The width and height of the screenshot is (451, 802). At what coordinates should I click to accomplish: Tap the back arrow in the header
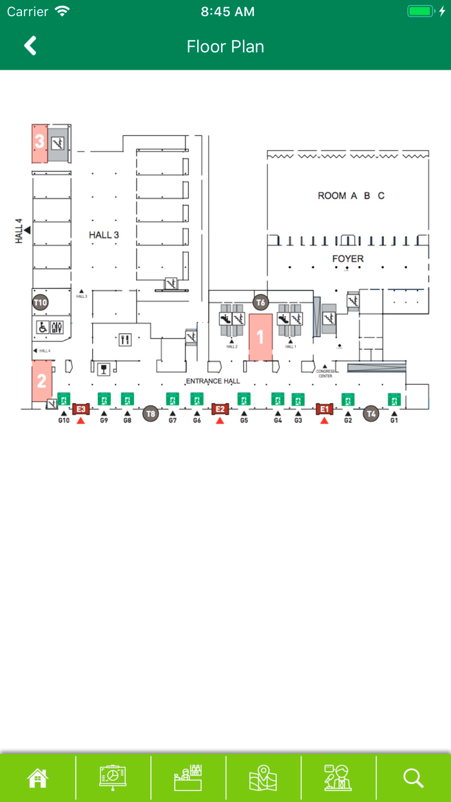pos(30,46)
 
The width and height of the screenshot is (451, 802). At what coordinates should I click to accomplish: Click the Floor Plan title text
pos(225,46)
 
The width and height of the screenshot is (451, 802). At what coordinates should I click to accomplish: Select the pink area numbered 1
pos(260,337)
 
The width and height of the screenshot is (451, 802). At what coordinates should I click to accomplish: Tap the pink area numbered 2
pos(41,381)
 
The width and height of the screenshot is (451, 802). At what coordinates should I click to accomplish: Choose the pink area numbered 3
pos(39,142)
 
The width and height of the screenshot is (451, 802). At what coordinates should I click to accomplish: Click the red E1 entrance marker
pos(324,409)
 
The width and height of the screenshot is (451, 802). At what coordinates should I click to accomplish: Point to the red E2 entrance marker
pos(220,409)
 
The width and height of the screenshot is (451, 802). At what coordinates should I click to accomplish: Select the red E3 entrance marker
pos(81,409)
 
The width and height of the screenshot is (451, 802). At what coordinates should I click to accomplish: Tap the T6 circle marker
pos(261,302)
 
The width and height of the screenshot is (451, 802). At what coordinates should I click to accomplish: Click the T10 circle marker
pos(41,302)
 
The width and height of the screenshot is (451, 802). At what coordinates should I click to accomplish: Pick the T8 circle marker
pos(150,413)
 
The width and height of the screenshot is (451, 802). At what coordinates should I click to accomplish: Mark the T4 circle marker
pos(370,413)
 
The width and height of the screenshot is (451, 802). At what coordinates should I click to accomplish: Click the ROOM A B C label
pos(351,195)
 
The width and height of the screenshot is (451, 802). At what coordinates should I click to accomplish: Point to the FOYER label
pos(348,259)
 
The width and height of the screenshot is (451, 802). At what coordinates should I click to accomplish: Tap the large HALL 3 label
pos(104,235)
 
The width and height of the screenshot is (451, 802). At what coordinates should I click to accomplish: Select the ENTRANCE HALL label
pos(213,381)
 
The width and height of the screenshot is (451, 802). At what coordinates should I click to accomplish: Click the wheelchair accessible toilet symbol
pos(41,328)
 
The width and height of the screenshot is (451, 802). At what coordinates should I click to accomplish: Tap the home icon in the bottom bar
pos(37,778)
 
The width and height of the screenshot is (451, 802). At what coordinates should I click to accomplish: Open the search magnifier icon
pos(413,778)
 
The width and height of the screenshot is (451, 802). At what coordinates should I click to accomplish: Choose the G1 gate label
pos(394,420)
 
